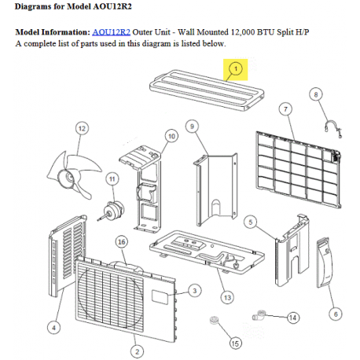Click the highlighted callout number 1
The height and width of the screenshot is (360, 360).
tap(234, 70)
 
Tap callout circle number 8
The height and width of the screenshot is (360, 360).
tap(317, 94)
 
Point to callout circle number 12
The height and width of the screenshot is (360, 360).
tap(81, 127)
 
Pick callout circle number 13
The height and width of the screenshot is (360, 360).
tap(227, 298)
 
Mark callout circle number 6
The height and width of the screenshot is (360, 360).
tap(336, 314)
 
